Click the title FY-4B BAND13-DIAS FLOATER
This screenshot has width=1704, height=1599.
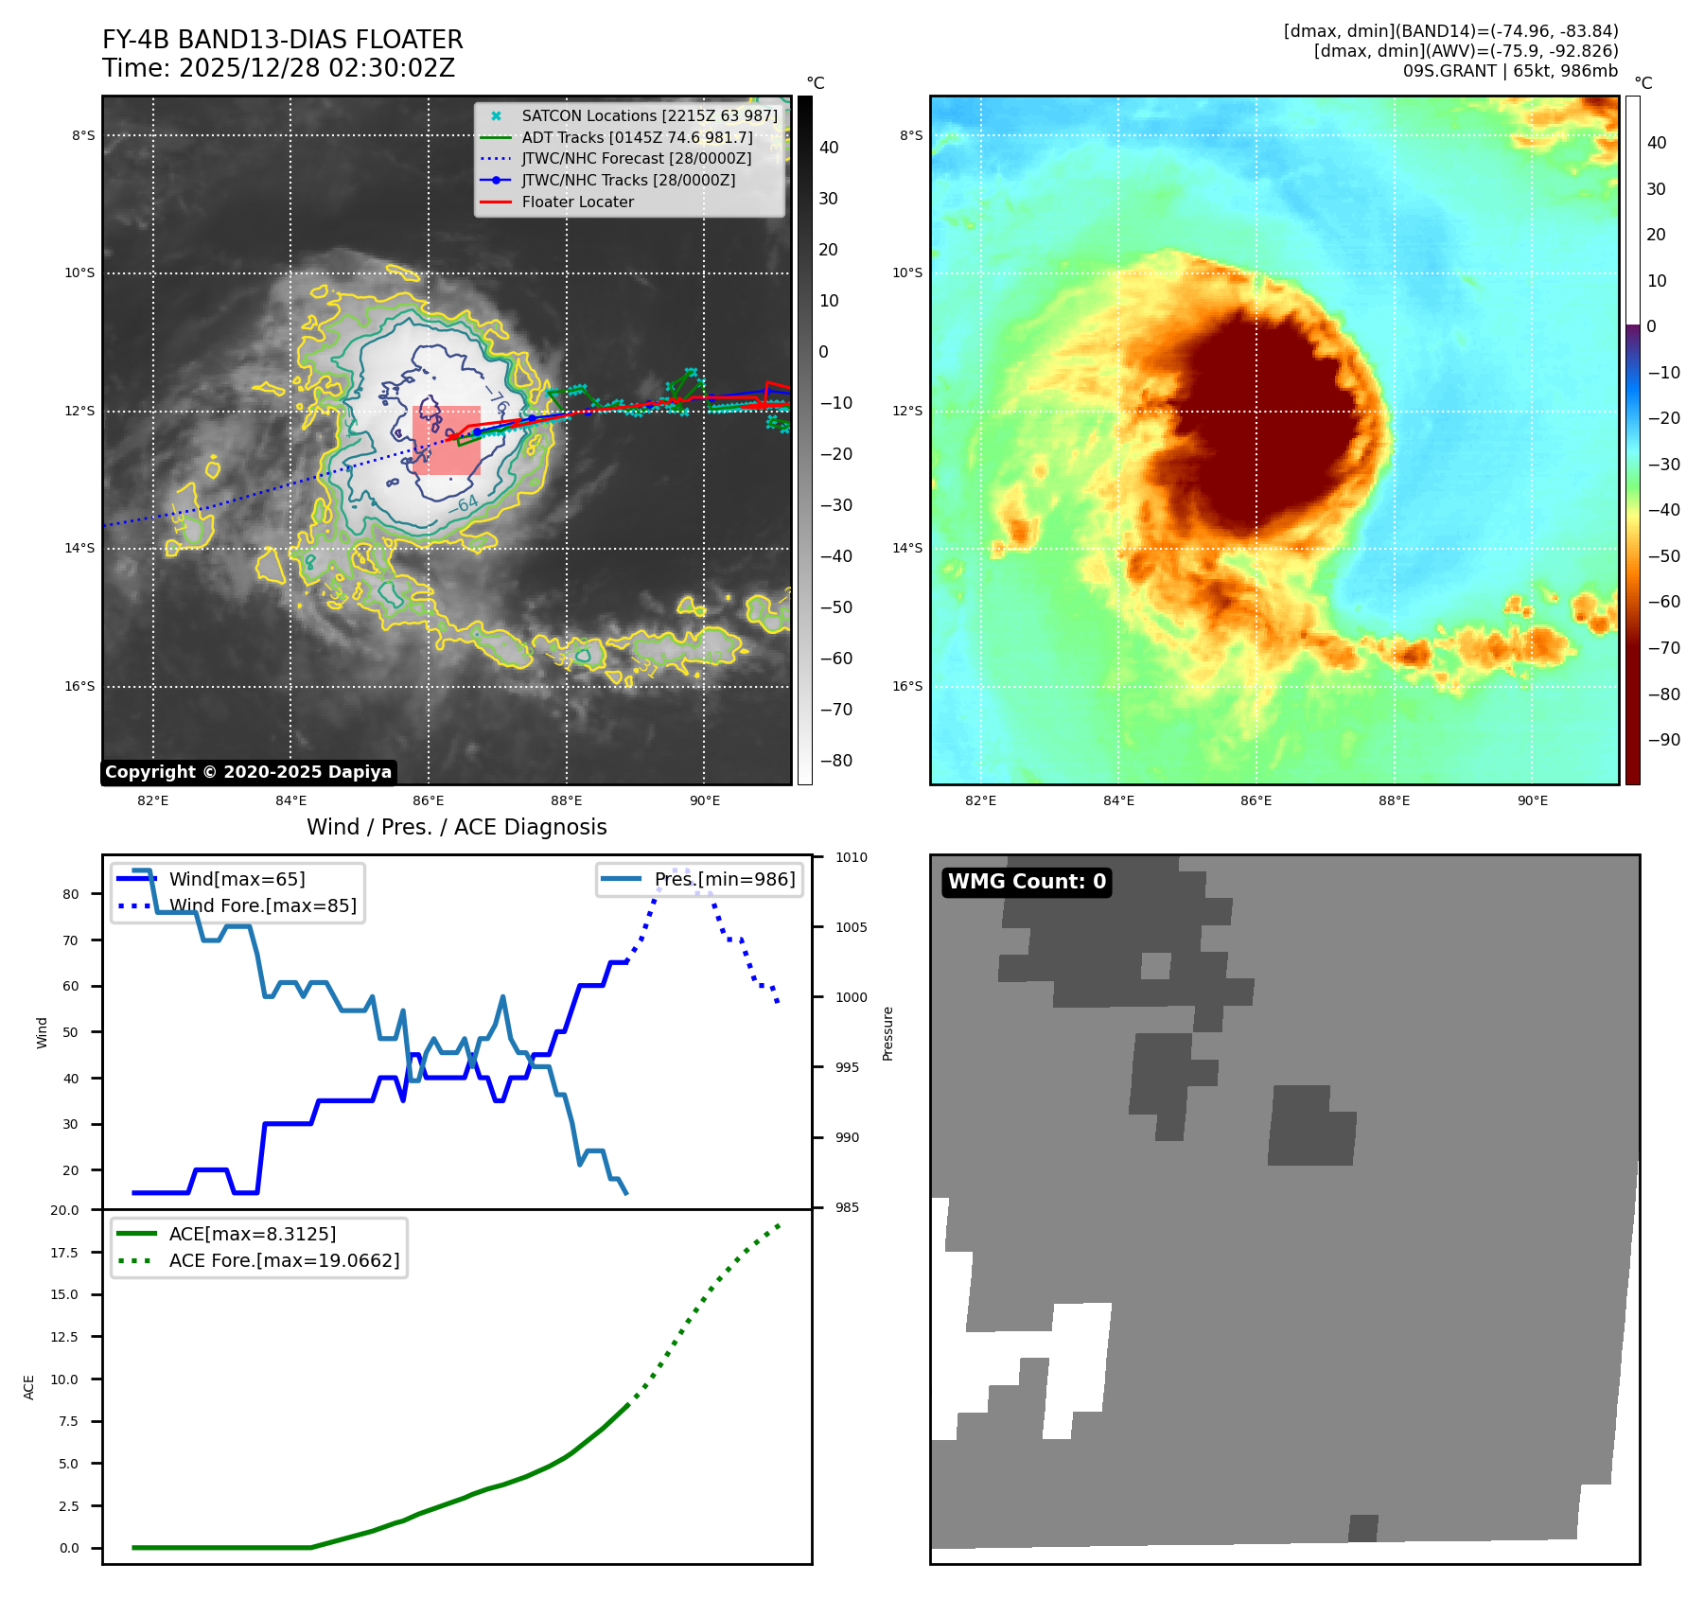282,40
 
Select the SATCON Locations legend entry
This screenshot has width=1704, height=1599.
649,116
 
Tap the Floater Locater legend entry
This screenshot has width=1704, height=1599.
577,202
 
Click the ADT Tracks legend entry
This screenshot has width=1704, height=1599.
637,138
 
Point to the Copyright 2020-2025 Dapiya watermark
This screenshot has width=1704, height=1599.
248,772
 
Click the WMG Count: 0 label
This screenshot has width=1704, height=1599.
1027,882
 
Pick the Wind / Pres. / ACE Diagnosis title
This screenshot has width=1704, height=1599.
456,827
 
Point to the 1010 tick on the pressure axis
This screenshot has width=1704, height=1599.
851,858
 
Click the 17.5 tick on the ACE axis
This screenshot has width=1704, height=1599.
65,1253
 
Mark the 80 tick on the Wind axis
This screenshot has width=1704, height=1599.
71,894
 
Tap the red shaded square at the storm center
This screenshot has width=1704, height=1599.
447,440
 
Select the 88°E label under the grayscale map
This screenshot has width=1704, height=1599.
566,801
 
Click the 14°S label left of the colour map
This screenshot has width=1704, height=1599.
906,549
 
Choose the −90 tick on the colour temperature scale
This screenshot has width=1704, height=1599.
1663,740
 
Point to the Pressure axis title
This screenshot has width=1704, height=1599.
887,1033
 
